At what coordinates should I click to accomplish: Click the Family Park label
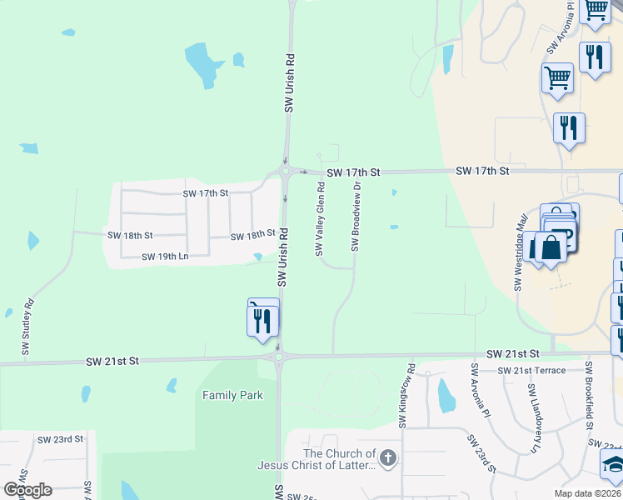[232, 395]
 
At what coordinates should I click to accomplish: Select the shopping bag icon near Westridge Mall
[551, 247]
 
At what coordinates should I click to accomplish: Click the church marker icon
[389, 457]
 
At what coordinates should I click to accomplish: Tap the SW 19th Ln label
[165, 257]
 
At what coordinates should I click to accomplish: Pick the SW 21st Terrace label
[531, 370]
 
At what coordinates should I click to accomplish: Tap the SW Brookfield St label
[589, 396]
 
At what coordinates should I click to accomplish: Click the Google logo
[27, 489]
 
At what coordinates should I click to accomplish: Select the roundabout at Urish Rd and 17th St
[286, 172]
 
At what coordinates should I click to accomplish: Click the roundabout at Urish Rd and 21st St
[278, 357]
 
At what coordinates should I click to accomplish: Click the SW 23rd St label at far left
[61, 438]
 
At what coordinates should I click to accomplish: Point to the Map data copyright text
[588, 493]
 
